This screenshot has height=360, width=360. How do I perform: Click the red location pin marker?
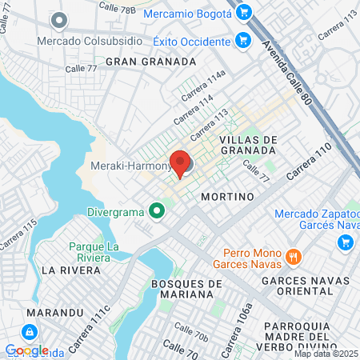tap(180, 162)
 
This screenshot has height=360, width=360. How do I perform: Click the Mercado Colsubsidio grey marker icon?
tap(58, 19)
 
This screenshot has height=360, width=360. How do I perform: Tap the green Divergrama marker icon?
tap(158, 211)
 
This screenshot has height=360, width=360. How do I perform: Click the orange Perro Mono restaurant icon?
tap(294, 257)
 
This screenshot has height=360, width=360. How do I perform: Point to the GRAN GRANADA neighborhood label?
tap(150, 61)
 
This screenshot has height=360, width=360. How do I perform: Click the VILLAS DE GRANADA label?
tap(248, 145)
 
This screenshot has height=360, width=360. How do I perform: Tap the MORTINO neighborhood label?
tap(227, 196)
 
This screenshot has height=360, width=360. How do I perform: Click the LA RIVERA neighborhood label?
tap(71, 270)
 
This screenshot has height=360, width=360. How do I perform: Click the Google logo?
tap(26, 350)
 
